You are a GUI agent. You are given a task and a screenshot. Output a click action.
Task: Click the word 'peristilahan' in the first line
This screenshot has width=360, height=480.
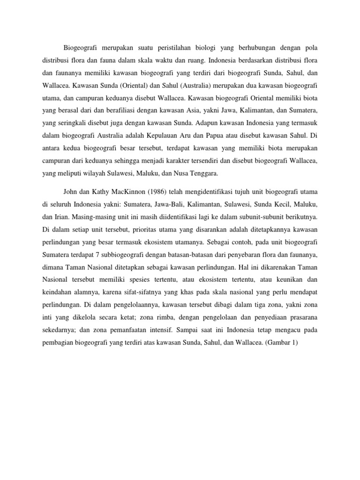pyautogui.click(x=177, y=47)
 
